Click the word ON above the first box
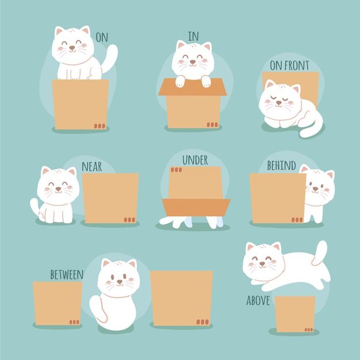pos(102,37)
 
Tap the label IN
pos(193,36)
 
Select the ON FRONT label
pos(289,66)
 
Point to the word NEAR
pos(92,166)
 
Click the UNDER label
pos(195,160)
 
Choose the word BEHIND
pos(281,165)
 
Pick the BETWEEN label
pos(67,274)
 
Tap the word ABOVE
pos(258,300)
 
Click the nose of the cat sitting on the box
pos(72,48)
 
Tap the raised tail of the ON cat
pos(110,59)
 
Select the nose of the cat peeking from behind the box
pos(316,189)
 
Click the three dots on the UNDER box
pos(176,170)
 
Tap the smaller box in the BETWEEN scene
pos(58,303)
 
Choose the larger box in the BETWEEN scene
pos(182,298)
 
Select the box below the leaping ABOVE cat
pos(295,314)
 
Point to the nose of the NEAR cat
pos(58,189)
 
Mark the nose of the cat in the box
pos(193,62)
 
